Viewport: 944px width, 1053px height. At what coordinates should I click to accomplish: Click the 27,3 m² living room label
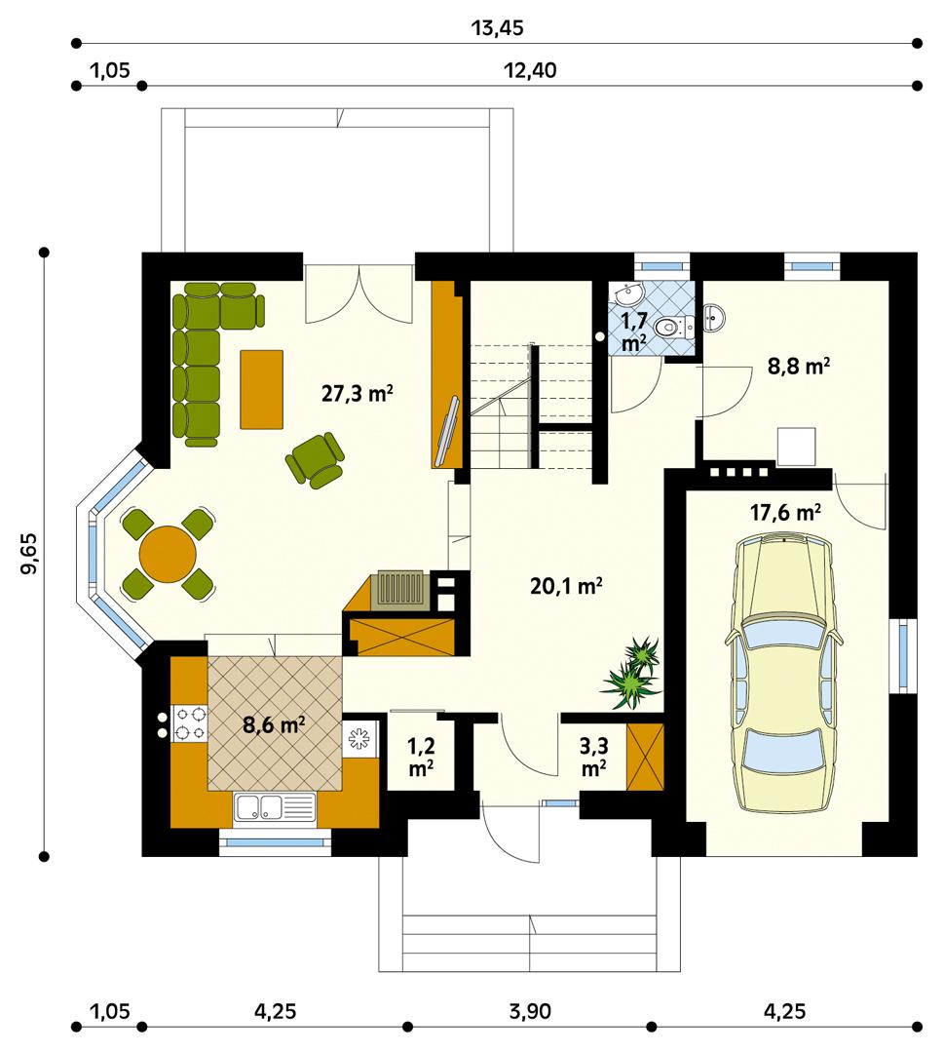(357, 394)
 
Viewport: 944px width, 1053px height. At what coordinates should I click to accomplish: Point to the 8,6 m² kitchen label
(274, 724)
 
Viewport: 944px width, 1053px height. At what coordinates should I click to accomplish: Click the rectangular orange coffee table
(261, 388)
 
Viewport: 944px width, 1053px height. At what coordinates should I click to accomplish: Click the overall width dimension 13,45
(497, 27)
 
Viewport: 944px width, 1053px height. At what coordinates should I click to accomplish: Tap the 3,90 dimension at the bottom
(527, 1010)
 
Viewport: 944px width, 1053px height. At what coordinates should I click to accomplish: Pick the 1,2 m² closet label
(420, 757)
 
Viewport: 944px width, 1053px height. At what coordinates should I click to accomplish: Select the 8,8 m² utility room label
(799, 369)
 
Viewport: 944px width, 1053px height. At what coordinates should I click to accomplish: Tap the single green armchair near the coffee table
(315, 458)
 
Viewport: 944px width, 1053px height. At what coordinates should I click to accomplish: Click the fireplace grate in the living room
(397, 591)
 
